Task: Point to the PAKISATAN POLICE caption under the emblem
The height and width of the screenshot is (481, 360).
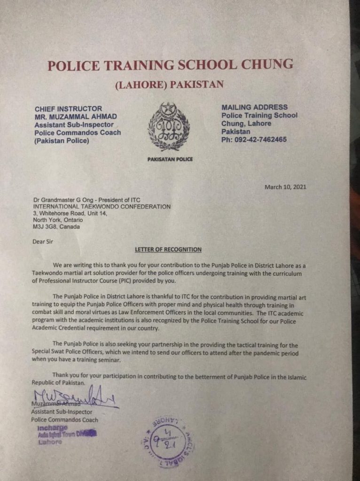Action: [169, 159]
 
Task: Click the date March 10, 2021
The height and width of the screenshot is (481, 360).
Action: [285, 187]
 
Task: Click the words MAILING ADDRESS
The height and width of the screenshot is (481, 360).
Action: [254, 108]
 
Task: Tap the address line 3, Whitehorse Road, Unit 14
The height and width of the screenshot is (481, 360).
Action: [70, 213]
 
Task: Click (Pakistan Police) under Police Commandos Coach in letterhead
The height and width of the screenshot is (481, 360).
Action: [62, 140]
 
